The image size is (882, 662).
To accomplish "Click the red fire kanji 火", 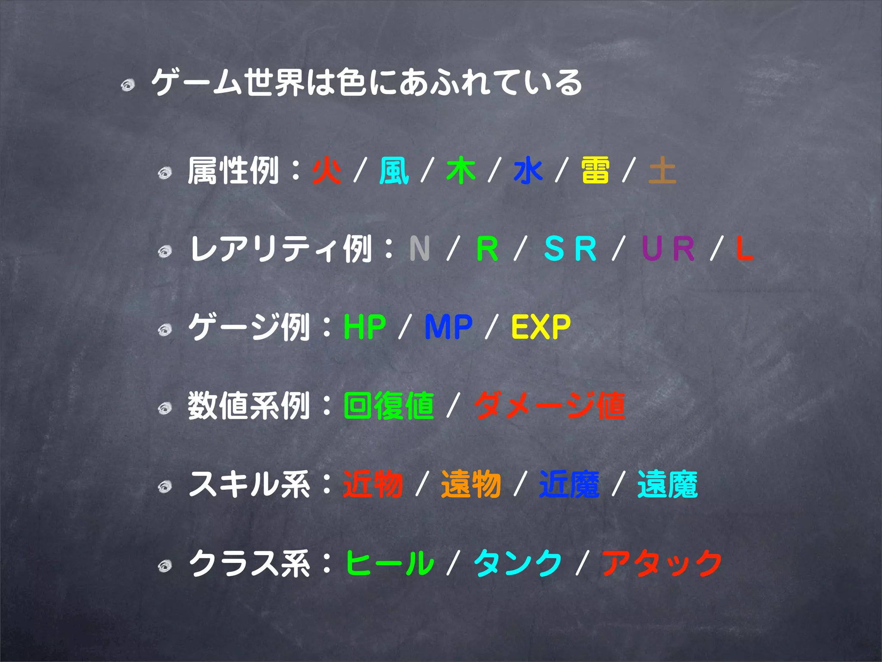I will point(327,171).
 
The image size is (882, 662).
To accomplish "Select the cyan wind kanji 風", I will point(394,171).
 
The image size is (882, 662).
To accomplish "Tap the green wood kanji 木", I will point(461,171).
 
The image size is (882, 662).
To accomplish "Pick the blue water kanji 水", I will point(528,171).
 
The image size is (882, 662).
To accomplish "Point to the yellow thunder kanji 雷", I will point(595,171).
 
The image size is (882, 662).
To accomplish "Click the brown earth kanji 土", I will point(662,171).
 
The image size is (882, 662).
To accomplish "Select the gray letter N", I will point(419,249).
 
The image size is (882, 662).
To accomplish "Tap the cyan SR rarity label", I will point(570,249).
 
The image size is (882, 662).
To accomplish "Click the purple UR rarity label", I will point(668,249).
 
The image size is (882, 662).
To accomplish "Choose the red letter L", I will point(744,249).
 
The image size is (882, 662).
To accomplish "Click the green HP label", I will point(365,327).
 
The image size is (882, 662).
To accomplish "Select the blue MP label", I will point(448,327).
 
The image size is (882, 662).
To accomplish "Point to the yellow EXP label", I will point(541,327).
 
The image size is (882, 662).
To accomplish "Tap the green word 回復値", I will point(389,406).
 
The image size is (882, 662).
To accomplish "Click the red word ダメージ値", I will point(550,406).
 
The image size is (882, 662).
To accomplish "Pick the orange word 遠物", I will point(471,484).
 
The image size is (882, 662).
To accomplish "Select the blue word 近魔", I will point(569,484).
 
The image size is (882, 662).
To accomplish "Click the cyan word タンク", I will point(518,563).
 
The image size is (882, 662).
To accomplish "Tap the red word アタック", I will point(662,563).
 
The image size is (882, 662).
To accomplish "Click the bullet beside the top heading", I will point(128,85).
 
